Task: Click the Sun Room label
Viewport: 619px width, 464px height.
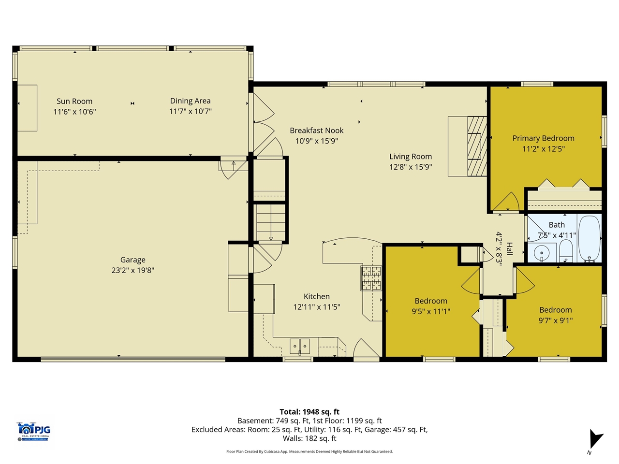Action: click(74, 101)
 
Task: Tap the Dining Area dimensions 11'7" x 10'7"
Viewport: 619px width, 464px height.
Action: click(190, 112)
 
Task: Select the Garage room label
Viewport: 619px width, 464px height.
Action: click(133, 260)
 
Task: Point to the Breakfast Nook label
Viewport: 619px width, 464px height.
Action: click(317, 130)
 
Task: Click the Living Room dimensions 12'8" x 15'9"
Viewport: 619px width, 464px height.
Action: click(411, 167)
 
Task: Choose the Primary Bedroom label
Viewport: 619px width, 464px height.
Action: click(543, 138)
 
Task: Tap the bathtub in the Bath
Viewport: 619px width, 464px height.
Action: click(589, 238)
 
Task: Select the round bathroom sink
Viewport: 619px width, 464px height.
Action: click(542, 252)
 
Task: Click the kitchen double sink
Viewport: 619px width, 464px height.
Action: click(300, 346)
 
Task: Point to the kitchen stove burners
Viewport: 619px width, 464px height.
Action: click(371, 278)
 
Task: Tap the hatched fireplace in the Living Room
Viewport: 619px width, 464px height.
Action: click(477, 146)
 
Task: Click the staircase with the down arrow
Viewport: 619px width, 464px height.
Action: click(271, 223)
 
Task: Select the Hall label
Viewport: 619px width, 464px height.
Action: click(509, 248)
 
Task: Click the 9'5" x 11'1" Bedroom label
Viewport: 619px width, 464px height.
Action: click(430, 301)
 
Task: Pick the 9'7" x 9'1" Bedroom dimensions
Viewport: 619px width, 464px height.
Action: click(556, 320)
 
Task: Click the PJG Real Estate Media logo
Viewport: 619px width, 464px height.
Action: click(34, 431)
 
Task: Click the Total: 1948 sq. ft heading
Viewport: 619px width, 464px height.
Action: click(309, 412)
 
